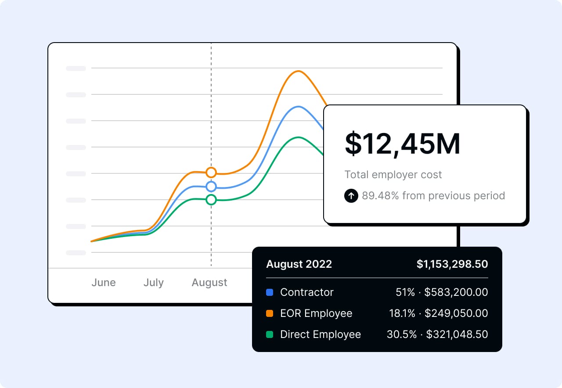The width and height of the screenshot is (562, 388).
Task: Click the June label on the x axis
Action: (x=104, y=283)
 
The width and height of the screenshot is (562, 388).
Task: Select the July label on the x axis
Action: (x=153, y=283)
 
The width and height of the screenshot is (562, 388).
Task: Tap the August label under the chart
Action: (x=209, y=283)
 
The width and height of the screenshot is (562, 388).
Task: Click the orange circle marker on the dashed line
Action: (x=211, y=172)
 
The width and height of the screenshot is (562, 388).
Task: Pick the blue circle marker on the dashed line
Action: (x=211, y=187)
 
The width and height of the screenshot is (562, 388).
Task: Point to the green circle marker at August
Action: (x=211, y=200)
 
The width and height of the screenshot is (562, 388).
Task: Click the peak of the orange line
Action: (x=299, y=71)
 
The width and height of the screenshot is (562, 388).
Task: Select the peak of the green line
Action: (x=299, y=137)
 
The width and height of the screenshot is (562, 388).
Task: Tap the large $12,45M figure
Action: (x=402, y=144)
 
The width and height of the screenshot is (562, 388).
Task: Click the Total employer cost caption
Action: (x=393, y=175)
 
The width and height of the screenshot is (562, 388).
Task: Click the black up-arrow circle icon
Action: (x=351, y=196)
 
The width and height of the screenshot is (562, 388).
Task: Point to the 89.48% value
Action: (x=380, y=196)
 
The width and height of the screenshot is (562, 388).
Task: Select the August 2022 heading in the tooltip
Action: (x=299, y=264)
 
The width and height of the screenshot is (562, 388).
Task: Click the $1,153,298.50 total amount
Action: (x=452, y=264)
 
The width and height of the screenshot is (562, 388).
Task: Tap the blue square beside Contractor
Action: (x=270, y=292)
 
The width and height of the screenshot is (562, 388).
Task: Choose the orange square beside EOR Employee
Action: (x=270, y=313)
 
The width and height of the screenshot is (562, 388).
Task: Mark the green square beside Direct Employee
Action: (x=270, y=334)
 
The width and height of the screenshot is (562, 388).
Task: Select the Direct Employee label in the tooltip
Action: (x=321, y=334)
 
